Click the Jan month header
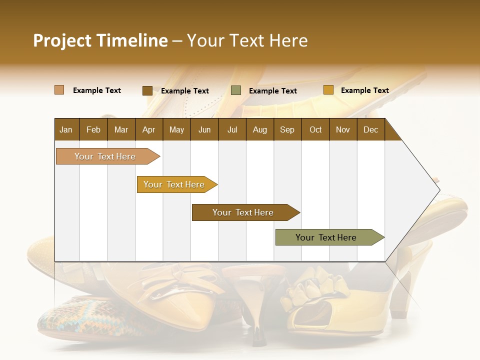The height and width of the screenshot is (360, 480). tap(66, 129)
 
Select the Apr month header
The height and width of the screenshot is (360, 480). tap(148, 129)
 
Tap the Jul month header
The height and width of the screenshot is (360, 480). tap(232, 129)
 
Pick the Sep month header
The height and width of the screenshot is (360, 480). tap(287, 129)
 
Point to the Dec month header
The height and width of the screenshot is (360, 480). tap(370, 129)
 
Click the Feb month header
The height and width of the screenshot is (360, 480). tap(93, 129)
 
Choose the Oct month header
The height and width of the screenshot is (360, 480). tap(315, 129)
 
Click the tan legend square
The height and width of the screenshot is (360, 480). tap(59, 90)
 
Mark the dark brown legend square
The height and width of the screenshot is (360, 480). tap(147, 90)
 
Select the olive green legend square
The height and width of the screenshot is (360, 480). tap(236, 90)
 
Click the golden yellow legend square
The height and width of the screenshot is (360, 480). tap(328, 90)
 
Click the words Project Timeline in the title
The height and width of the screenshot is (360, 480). tap(100, 40)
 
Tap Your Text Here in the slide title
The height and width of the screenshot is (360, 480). tap(247, 40)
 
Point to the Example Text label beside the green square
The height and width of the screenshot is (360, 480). tap(272, 91)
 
